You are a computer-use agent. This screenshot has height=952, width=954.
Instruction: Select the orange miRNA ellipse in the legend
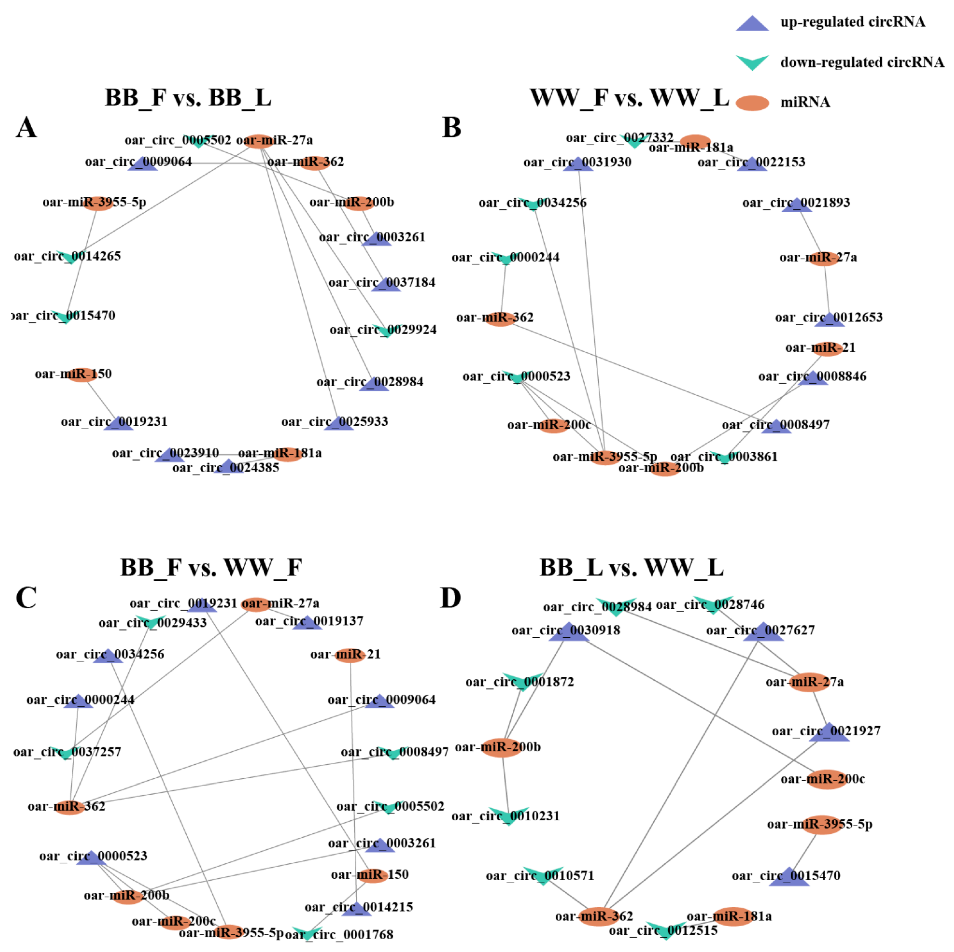click(x=752, y=103)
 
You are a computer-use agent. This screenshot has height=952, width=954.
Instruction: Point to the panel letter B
click(x=451, y=127)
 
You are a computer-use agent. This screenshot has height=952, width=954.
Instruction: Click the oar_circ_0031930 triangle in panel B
click(x=578, y=164)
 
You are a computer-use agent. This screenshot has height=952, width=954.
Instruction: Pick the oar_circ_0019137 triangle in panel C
click(x=307, y=623)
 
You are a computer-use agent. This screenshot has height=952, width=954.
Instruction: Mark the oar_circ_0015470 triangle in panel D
click(x=789, y=877)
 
